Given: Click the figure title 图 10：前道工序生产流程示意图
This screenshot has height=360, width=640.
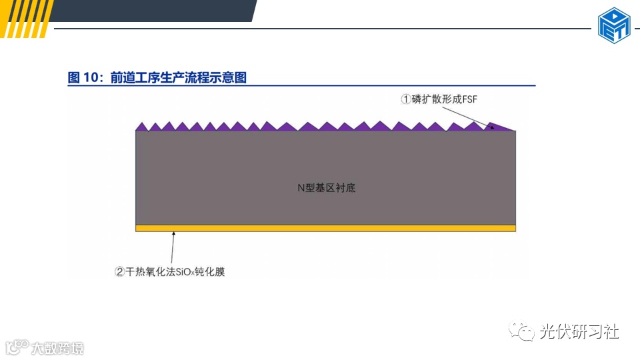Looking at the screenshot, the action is pos(157,77).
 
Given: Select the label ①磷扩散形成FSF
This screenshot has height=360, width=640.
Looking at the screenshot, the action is pos(439,99).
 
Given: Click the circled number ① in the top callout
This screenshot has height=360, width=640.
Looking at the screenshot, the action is pos(405,99).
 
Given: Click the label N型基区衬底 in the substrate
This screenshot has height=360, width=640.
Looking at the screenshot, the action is pos(326,188).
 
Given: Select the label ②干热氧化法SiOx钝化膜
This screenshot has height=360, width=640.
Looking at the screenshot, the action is pos(170,271).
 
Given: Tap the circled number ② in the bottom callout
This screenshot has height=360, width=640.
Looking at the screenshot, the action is pos(120,271).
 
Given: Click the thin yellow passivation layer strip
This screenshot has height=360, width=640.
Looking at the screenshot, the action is pos(325,228).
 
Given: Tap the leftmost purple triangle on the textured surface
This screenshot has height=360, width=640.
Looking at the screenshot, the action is pos(141,127).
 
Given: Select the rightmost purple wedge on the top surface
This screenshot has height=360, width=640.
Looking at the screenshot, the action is pos(501,127).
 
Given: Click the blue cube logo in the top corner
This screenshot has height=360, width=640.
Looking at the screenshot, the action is pos(614,26).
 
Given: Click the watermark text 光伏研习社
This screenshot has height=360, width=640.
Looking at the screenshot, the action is pos(579,331).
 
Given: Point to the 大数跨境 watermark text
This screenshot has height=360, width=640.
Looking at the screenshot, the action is pos(57,348).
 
